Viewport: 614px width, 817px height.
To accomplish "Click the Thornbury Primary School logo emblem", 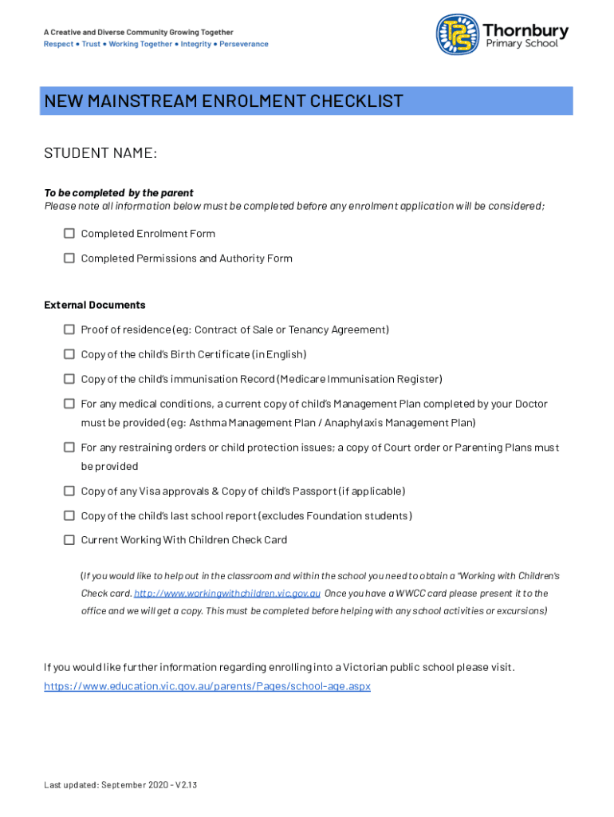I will (x=458, y=34).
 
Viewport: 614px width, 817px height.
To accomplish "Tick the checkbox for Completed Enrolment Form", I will (x=69, y=234).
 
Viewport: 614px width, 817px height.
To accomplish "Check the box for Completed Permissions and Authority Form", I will (x=69, y=259).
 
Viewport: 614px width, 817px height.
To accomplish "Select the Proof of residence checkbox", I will (x=69, y=330).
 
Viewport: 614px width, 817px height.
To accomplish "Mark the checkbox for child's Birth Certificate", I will (x=69, y=354).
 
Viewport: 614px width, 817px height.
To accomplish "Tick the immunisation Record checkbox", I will (x=69, y=379).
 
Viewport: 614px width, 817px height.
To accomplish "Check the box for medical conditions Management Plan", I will (x=69, y=404).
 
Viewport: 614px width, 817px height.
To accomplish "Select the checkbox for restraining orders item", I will (x=69, y=448).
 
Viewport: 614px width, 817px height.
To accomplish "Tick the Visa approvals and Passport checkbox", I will (x=69, y=491).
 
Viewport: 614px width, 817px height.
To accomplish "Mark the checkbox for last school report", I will (x=69, y=516).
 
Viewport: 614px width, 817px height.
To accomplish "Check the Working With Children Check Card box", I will (x=69, y=540).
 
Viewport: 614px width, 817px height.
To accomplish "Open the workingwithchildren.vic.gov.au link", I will (x=227, y=594).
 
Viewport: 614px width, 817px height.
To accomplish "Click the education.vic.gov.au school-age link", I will (x=207, y=686).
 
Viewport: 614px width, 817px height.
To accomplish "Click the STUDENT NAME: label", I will (x=100, y=153).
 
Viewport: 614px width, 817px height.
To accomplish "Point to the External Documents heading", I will (x=95, y=305).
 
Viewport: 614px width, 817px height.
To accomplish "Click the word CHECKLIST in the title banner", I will (x=356, y=101).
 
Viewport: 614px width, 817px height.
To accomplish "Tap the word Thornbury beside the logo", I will (x=525, y=30).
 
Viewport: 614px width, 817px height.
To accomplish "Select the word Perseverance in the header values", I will (x=244, y=44).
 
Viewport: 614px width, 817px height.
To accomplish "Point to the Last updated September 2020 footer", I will (x=120, y=785).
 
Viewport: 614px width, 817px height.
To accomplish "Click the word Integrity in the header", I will (x=196, y=44).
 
